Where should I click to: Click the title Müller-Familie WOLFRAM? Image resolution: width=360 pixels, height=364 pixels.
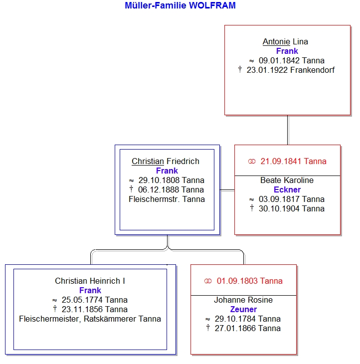[180, 5]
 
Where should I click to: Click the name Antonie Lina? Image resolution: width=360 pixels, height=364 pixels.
[285, 41]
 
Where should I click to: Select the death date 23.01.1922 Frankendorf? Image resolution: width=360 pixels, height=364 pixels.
[291, 70]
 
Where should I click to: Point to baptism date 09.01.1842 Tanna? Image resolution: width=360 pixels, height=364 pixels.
[292, 61]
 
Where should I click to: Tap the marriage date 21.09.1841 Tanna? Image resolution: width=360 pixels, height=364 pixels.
[293, 161]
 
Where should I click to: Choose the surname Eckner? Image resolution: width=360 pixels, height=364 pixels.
[287, 189]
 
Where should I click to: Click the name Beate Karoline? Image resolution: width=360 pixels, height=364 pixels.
[287, 180]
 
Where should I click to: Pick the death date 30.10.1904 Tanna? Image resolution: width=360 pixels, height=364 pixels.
[292, 209]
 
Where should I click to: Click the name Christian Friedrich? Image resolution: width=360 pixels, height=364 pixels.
[166, 161]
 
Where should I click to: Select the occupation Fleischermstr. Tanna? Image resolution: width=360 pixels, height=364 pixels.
[167, 199]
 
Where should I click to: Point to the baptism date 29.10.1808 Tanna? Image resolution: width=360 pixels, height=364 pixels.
[172, 180]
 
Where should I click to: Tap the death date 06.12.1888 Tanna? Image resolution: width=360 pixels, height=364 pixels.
[171, 189]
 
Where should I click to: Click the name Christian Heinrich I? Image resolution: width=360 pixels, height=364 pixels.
[90, 281]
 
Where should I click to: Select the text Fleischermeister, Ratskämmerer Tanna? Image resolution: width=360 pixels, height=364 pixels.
[90, 319]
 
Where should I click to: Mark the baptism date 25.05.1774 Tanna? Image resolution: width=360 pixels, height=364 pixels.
[94, 300]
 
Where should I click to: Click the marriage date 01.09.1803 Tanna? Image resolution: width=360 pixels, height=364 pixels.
[249, 281]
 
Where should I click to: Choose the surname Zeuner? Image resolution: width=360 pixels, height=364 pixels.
[243, 309]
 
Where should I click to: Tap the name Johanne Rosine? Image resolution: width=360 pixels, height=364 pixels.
[243, 300]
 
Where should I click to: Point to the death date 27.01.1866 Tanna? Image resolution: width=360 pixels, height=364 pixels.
[248, 328]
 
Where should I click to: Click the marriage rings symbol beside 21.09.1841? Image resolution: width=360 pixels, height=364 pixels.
[252, 162]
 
